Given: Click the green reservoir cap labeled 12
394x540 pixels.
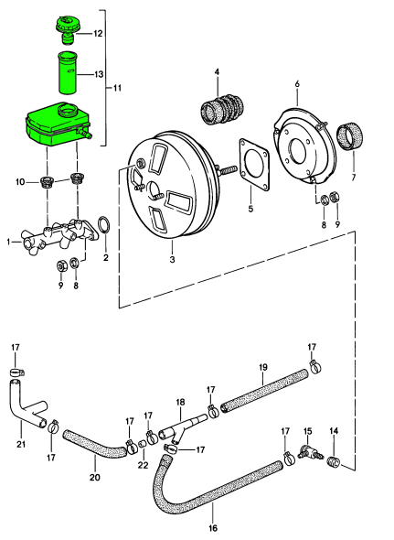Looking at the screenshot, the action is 69,28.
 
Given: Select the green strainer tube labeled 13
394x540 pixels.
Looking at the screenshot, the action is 68,72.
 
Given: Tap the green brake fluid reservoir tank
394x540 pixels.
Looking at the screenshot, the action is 58,124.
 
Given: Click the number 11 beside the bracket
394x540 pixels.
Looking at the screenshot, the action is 117,88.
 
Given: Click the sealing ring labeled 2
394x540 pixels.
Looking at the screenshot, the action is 105,225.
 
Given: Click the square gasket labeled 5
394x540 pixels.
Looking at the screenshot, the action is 255,164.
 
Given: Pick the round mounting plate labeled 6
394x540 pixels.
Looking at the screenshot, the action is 304,146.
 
